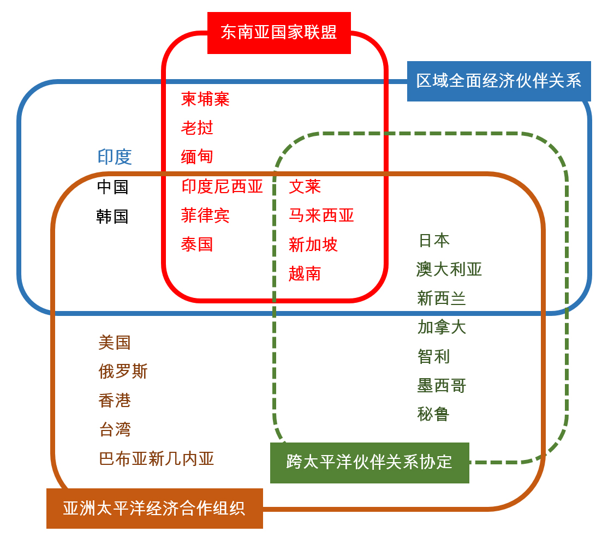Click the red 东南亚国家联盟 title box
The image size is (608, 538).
click(279, 33)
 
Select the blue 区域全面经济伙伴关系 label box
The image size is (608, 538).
click(499, 81)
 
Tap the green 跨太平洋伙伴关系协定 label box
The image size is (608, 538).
click(369, 463)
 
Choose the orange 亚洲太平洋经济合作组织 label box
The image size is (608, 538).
click(154, 508)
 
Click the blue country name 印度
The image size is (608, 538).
click(115, 157)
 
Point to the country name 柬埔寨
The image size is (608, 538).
click(205, 99)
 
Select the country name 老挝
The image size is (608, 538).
click(197, 128)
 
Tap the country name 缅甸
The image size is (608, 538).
click(197, 157)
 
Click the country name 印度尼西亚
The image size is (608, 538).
click(222, 187)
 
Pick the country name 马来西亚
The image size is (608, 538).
click(321, 215)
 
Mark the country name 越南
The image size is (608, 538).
click(305, 274)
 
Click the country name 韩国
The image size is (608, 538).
click(112, 216)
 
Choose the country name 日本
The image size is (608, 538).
click(434, 240)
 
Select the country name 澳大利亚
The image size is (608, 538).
click(449, 270)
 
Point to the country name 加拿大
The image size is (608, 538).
click(442, 327)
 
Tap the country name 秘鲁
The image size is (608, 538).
click(433, 414)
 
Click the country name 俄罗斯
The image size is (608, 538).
click(123, 372)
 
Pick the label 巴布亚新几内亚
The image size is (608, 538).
click(157, 459)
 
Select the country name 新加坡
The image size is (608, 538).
click(313, 244)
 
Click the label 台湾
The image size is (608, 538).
click(115, 429)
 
